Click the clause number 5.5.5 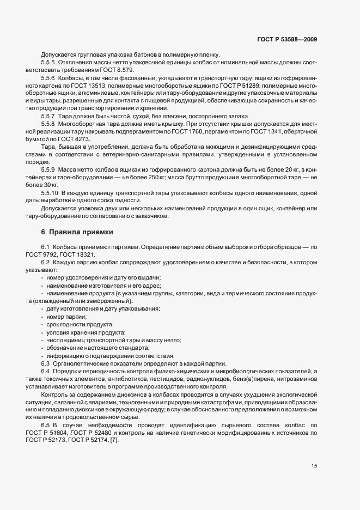click(50, 62)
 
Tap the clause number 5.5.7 click(50, 116)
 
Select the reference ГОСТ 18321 click(83, 254)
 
